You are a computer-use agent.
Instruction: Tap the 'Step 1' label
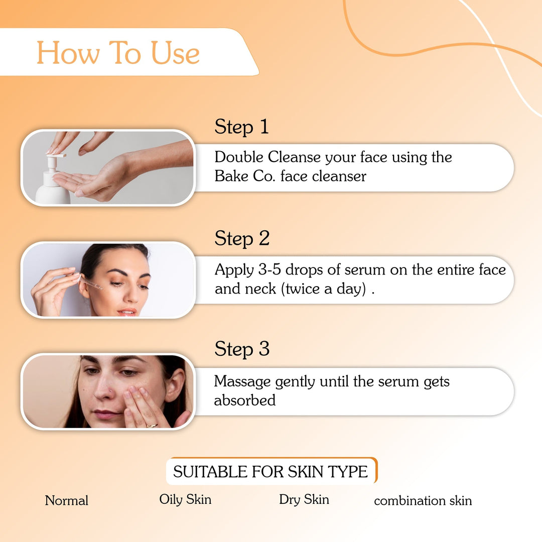(241, 127)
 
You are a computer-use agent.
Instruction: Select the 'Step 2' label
(242, 238)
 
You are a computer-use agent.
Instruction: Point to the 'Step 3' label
(242, 349)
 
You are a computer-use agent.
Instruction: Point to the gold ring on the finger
(152, 425)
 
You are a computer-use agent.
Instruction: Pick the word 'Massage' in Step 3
(242, 381)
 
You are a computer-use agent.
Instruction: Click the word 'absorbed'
(245, 400)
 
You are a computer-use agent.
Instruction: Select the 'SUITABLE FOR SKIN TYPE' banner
(270, 471)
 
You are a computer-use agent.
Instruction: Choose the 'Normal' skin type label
(66, 500)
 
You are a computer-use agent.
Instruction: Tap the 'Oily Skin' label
(185, 499)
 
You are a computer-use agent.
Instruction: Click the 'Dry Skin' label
(304, 499)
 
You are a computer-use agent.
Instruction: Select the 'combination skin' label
(423, 501)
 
